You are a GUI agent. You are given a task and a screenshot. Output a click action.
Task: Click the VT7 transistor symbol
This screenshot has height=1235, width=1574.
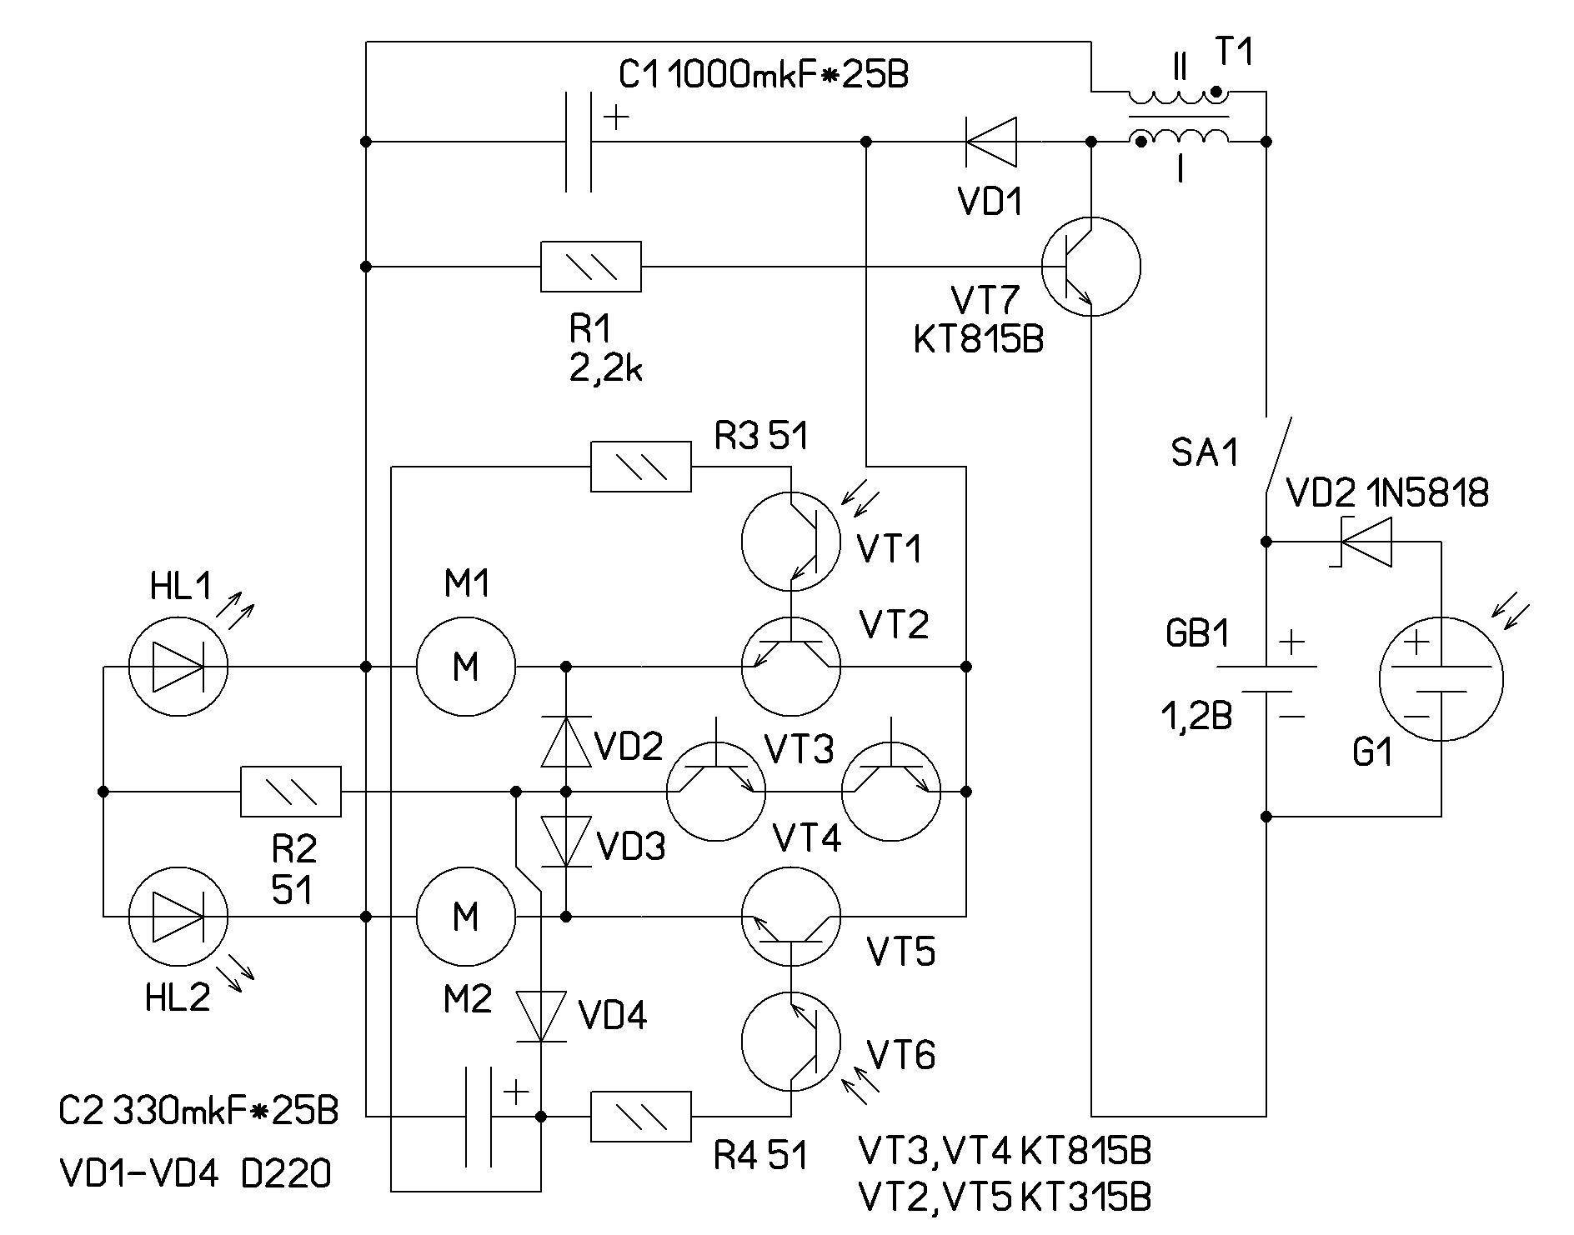(1090, 267)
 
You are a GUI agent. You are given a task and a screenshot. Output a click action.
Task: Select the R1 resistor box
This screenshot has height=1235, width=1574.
(591, 267)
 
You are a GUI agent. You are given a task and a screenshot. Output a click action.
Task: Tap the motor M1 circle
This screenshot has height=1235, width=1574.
(466, 667)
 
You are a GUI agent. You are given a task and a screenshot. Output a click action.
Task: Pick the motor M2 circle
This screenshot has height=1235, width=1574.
(466, 917)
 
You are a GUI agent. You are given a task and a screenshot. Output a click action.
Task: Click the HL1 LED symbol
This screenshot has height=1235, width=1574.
(178, 667)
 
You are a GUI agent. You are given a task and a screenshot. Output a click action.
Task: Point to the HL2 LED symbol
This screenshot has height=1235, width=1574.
(178, 917)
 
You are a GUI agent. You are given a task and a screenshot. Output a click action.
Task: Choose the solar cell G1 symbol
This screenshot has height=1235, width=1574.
(1441, 678)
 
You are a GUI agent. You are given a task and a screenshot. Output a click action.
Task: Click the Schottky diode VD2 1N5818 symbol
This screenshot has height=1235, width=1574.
(1366, 542)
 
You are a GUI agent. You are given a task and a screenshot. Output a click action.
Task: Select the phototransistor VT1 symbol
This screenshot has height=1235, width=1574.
(791, 542)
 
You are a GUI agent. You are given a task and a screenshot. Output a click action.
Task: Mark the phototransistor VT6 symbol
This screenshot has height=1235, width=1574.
(791, 1042)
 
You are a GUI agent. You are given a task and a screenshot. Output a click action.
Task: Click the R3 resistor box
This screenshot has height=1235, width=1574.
(641, 467)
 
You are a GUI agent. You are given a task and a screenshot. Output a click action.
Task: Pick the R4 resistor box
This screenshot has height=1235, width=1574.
(641, 1117)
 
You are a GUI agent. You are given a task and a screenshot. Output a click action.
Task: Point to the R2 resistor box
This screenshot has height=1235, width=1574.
(291, 792)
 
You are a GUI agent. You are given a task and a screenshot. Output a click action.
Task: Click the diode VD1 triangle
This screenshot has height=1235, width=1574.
(991, 142)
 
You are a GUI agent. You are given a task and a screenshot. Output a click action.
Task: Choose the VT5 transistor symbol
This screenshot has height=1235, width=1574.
(791, 917)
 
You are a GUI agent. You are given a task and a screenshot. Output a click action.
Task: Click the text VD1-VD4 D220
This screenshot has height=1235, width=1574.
(196, 1175)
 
